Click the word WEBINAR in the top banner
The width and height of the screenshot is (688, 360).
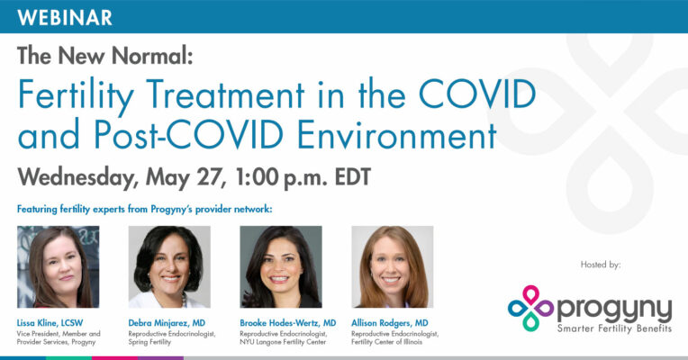coord(65,17)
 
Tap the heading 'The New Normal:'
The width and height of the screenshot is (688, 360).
coord(105,56)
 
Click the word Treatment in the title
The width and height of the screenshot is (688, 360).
coord(225,94)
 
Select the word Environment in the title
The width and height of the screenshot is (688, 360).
coord(396,134)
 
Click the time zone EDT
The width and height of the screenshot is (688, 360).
coord(353,177)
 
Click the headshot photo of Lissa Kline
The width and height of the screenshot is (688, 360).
coord(58,266)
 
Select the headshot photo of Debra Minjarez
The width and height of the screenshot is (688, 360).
coord(169,266)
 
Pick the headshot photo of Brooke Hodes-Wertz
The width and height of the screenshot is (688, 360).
coord(281,266)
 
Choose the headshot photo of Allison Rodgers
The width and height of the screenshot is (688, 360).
coord(393,266)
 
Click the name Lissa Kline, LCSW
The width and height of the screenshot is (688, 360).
coord(50,323)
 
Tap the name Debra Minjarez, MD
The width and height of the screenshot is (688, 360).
coord(167,323)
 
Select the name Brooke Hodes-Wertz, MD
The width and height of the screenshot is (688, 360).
coord(288,323)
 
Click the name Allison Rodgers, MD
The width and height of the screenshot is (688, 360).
coord(390,323)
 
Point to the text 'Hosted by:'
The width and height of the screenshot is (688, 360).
coord(601,265)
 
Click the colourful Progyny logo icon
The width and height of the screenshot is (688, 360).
coord(530,309)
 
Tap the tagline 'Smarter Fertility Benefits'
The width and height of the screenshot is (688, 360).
coord(614,328)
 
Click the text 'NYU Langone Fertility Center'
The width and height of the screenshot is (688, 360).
coord(283,342)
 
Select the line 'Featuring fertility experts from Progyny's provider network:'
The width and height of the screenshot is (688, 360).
coord(145,209)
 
